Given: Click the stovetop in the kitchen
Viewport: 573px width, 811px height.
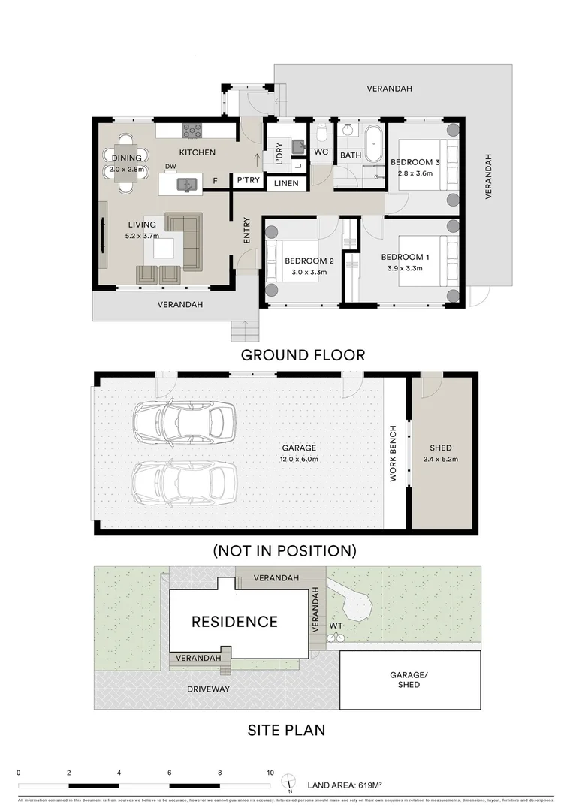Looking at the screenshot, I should (x=193, y=130).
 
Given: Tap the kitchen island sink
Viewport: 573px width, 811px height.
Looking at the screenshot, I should (x=185, y=182).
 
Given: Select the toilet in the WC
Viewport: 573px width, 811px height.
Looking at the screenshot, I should (x=321, y=134).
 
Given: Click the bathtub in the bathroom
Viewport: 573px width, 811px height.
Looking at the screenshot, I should (x=373, y=140).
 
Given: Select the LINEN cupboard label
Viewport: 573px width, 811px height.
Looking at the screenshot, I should (x=285, y=183).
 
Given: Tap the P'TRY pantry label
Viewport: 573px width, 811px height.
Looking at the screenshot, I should (x=248, y=181).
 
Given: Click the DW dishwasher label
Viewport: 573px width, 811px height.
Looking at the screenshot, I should (x=170, y=167).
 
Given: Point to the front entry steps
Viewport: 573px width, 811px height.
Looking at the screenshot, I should (x=243, y=330).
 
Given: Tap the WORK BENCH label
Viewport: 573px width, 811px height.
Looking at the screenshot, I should (x=393, y=454).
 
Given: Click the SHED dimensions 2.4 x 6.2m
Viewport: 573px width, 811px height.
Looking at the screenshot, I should (x=440, y=459).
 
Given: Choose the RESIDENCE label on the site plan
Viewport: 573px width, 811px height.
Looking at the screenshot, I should (x=234, y=622).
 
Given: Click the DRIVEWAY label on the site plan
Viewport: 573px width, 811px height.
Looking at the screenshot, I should (x=210, y=689).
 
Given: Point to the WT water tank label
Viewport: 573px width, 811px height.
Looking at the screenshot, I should (x=335, y=625).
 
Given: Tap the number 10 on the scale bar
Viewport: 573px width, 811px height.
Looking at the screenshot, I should (x=270, y=772).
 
